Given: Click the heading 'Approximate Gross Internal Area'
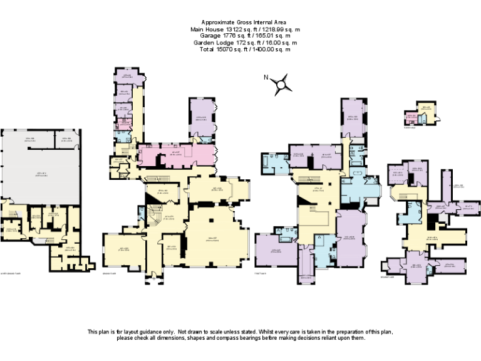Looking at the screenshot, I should point(240,22).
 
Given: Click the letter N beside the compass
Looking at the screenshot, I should point(266,78).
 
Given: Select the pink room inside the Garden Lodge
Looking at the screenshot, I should point(412,118).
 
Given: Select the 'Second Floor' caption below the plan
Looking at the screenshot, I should point(388,276).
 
